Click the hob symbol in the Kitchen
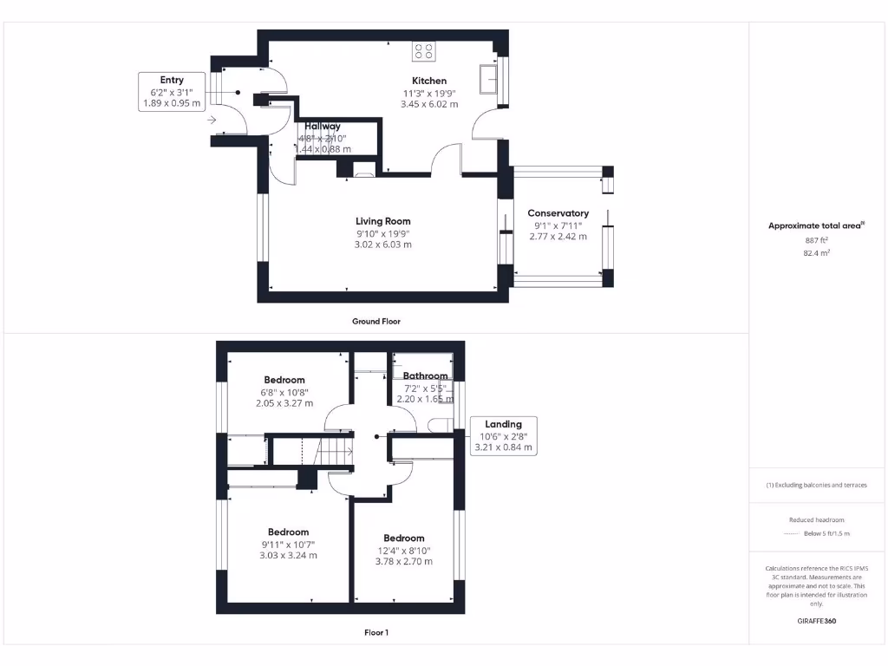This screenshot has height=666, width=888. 424,51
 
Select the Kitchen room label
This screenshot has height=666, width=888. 429,81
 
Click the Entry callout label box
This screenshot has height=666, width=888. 172,92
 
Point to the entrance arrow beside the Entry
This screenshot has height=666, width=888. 212,120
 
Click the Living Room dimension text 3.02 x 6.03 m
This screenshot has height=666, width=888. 382,245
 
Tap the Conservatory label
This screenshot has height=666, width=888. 558,213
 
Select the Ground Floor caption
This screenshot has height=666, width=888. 375,321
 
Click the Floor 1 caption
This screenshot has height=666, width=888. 375,633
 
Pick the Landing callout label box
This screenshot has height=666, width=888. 503,436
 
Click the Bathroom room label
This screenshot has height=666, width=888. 425,375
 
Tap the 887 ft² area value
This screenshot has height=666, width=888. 816,239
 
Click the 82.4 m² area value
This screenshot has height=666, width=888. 816,252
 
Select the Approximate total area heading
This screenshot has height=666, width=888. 816,225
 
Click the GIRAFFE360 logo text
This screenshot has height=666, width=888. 816,621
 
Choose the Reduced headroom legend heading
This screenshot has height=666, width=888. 816,520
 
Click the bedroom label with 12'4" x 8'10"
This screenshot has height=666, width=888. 404,538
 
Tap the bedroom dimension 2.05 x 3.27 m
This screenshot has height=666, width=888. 284,403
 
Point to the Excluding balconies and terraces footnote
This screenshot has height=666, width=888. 816,485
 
